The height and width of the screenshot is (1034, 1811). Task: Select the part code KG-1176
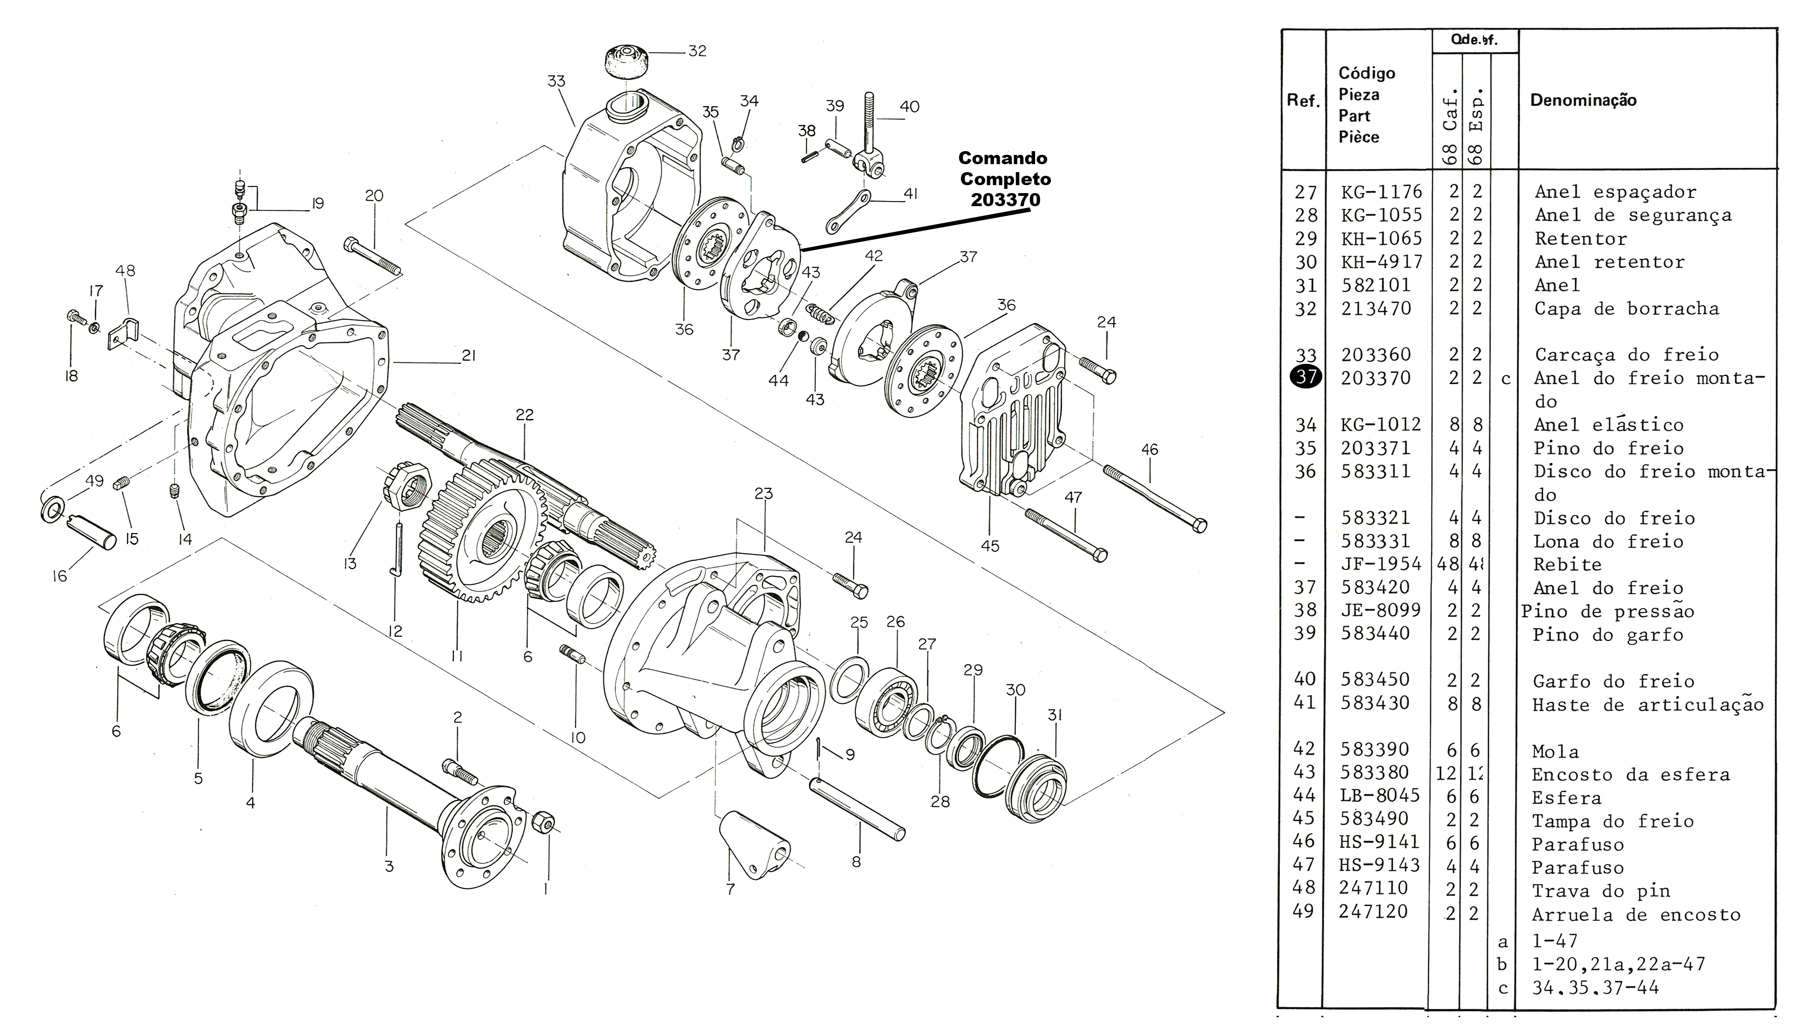click(1382, 192)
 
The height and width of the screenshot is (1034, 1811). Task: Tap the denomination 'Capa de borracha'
click(1626, 309)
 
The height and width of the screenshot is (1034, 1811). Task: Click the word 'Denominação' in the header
click(1583, 100)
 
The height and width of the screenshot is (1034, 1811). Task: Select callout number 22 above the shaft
click(524, 415)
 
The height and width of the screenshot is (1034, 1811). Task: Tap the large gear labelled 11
click(483, 533)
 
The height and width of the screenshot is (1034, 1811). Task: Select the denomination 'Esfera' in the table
click(1566, 798)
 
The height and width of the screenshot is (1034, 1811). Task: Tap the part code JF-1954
click(1381, 564)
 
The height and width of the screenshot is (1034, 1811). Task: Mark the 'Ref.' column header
click(1303, 100)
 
